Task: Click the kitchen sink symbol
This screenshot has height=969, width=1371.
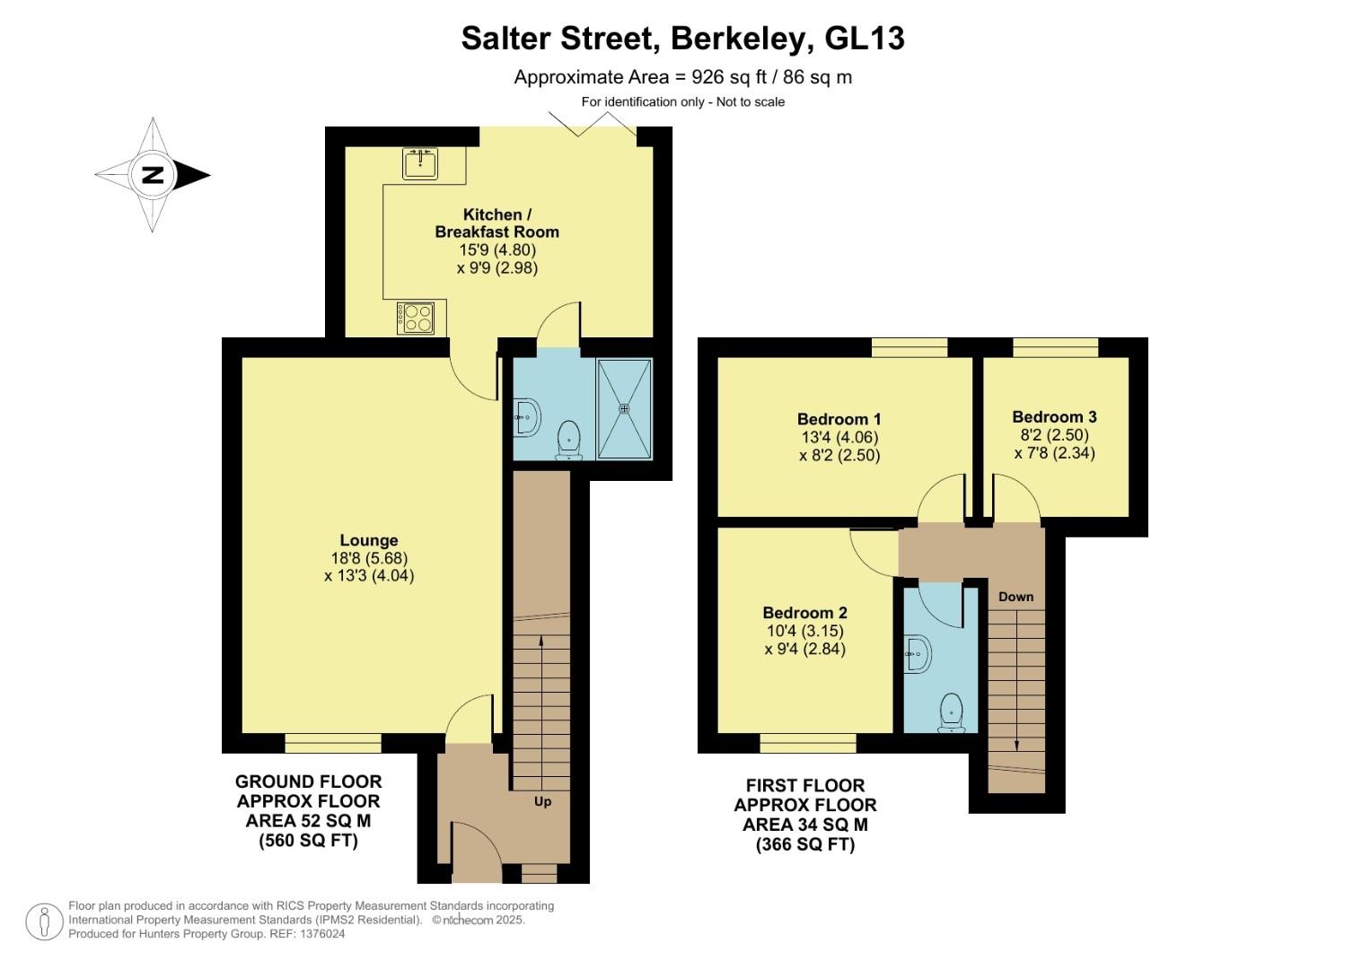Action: pyautogui.click(x=419, y=163)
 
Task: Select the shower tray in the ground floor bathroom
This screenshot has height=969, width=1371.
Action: pyautogui.click(x=624, y=408)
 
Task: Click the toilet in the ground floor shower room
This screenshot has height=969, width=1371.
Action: pyautogui.click(x=569, y=440)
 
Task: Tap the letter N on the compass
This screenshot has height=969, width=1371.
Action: pyautogui.click(x=154, y=175)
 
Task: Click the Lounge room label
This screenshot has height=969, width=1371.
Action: pyautogui.click(x=368, y=540)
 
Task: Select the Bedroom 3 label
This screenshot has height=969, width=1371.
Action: pyautogui.click(x=1054, y=416)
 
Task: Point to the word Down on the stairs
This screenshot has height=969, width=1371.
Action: pyautogui.click(x=1015, y=597)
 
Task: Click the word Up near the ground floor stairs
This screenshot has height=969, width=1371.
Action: pyautogui.click(x=542, y=801)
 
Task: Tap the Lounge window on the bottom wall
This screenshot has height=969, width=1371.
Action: pyautogui.click(x=333, y=743)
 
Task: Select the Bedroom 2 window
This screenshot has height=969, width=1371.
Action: pyautogui.click(x=807, y=743)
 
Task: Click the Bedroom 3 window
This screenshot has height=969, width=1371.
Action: pyautogui.click(x=1055, y=347)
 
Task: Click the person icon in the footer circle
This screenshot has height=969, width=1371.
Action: pyautogui.click(x=44, y=921)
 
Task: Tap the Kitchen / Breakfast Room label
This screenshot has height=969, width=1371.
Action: pyautogui.click(x=497, y=223)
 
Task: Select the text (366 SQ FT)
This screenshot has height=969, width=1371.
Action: pyautogui.click(x=804, y=844)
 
